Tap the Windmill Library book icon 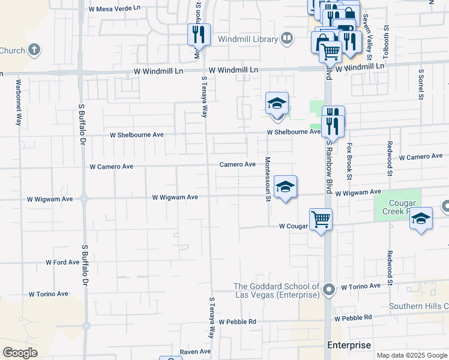pyautogui.click(x=287, y=39)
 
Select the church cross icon pyautogui.click(x=35, y=49)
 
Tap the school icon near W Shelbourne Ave pyautogui.click(x=277, y=103)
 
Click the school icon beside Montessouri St pyautogui.click(x=285, y=187)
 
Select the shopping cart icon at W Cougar pyautogui.click(x=321, y=220)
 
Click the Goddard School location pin pyautogui.click(x=328, y=291)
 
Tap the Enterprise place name pyautogui.click(x=349, y=345)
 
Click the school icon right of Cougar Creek pyautogui.click(x=421, y=219)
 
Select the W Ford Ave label pyautogui.click(x=62, y=263)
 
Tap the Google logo pyautogui.click(x=20, y=353)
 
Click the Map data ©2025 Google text pyautogui.click(x=412, y=355)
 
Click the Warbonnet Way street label pyautogui.click(x=19, y=102)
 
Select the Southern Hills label pyautogui.click(x=418, y=306)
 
